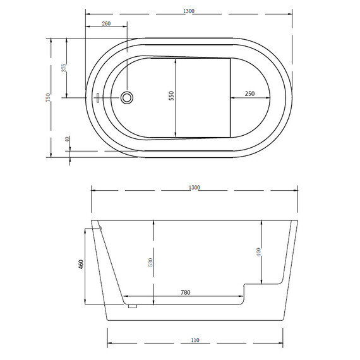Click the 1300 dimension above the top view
tap(189, 11)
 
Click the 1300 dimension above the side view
tap(195, 188)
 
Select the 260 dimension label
tap(106, 23)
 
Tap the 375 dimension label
tap(64, 68)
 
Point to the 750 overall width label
tap(48, 97)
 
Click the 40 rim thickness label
tap(67, 140)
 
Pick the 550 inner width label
tap(171, 96)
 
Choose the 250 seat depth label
tap(249, 93)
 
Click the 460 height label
tap(81, 264)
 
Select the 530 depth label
tap(150, 262)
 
